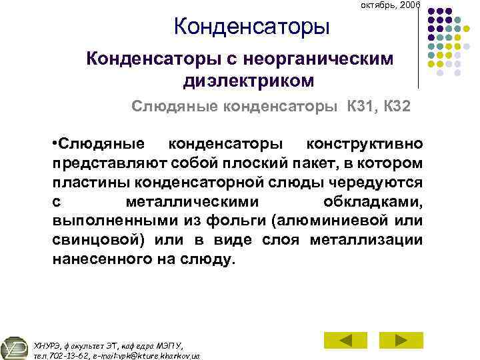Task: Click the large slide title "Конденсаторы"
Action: point(251,28)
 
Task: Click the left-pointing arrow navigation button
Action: point(345,340)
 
